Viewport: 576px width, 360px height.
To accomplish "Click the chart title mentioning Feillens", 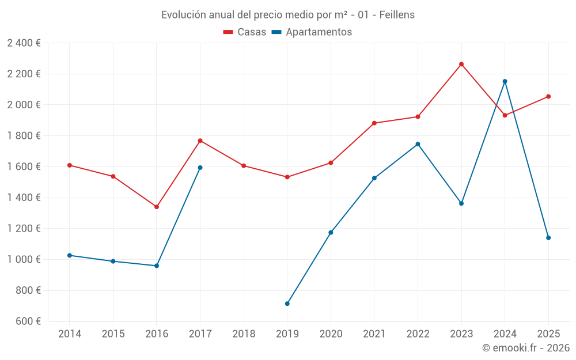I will [287, 14].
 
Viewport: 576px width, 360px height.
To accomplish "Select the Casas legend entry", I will [245, 32].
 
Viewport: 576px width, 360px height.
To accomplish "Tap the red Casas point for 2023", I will [461, 64].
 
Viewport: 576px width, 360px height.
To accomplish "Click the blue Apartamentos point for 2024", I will [505, 81].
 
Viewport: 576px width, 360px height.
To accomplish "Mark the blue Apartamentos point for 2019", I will [287, 304].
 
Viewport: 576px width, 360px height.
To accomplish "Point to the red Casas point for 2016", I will [157, 207].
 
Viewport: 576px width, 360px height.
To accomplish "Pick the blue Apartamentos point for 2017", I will [200, 168].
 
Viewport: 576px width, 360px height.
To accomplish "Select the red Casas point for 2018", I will [244, 166].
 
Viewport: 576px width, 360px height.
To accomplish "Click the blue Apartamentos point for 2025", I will [548, 238].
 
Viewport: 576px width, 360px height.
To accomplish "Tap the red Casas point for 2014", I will [70, 165].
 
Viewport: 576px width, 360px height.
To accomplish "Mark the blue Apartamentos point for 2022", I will [418, 144].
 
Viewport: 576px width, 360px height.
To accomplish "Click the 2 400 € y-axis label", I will [24, 43].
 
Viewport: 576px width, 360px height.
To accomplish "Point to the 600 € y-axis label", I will [27, 321].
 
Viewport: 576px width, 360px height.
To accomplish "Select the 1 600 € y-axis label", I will [24, 166].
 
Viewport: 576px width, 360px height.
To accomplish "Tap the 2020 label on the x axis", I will [331, 334].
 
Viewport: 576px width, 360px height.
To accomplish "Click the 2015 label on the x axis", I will [113, 334].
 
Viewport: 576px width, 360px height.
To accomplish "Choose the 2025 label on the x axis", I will [548, 334].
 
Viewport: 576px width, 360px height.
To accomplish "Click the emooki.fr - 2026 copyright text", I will [525, 348].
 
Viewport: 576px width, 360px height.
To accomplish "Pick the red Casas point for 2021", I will [374, 123].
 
